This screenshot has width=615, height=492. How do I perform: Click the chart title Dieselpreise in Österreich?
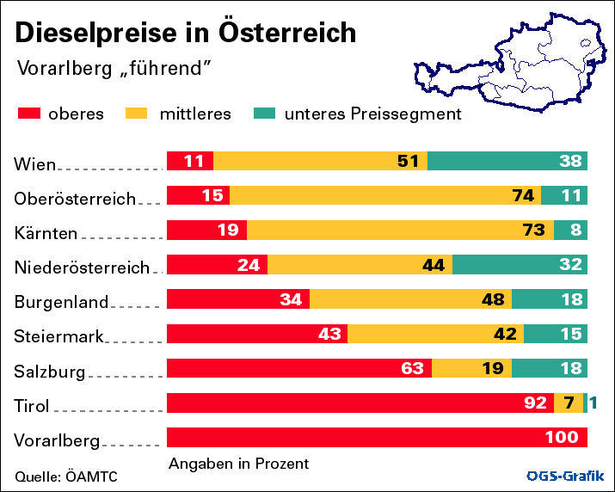185,33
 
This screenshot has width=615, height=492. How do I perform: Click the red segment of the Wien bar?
189,161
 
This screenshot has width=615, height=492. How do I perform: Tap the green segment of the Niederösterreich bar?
520,265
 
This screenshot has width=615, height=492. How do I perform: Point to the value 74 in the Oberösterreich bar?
523,195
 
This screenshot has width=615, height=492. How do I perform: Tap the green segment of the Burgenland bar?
550,299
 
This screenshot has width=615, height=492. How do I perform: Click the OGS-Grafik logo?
565,476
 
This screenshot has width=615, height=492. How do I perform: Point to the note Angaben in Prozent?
238,464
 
